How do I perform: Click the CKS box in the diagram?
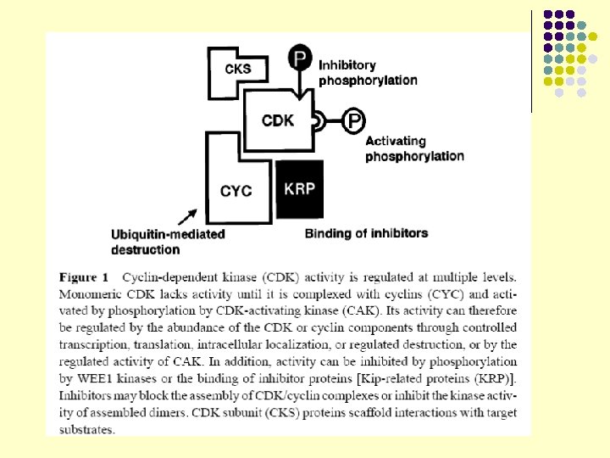pos(238,70)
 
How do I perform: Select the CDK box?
pos(278,120)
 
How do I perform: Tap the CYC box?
pos(236,190)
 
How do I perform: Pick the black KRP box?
pos(299,187)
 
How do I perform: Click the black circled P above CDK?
pos(300,59)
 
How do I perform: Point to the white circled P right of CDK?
pos(352,121)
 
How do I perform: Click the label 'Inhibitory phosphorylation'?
pos(367,72)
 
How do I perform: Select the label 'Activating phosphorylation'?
pos(414,148)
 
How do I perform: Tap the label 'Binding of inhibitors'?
pos(366,233)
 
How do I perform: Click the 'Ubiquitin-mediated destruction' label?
pos(168,241)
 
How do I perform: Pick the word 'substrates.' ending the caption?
pos(87,430)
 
